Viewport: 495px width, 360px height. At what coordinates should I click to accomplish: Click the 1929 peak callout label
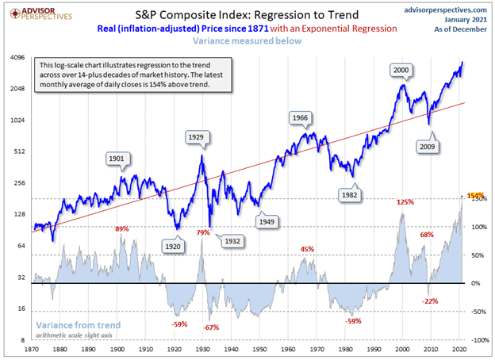[198, 137]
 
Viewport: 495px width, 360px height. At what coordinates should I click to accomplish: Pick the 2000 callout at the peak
[402, 71]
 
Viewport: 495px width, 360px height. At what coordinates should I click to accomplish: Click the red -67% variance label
[211, 327]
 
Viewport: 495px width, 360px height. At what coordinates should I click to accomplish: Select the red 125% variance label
[405, 202]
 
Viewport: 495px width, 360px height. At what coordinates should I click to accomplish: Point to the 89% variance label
[122, 229]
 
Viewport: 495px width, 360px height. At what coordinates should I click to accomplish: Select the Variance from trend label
[78, 324]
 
